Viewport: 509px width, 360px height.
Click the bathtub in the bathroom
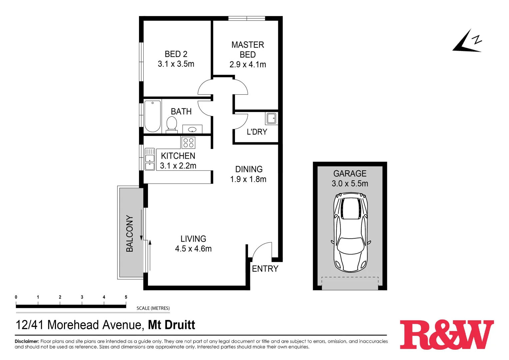coord(152,116)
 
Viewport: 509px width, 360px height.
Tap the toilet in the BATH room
coord(172,124)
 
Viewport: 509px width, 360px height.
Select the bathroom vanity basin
coord(192,129)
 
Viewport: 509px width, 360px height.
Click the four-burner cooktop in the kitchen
coord(188,143)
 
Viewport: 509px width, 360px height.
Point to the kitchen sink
coord(150,160)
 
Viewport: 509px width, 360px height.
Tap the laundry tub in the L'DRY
coord(271,118)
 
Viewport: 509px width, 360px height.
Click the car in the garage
coord(351,232)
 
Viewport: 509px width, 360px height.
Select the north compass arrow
coord(467,42)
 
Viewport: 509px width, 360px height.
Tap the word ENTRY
coord(265,269)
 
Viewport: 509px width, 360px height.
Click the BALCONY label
coord(130,233)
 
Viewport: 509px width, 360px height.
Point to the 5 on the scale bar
coord(126,297)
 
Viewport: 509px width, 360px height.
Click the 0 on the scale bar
coord(16,297)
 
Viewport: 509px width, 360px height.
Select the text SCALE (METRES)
coord(153,308)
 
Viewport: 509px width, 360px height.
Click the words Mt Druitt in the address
coord(171,325)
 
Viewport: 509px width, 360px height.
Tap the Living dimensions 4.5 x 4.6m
coord(193,249)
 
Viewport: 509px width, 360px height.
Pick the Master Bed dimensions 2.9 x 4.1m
coord(248,64)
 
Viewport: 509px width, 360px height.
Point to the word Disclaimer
coord(27,341)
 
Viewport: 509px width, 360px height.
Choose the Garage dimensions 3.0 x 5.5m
coord(350,184)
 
